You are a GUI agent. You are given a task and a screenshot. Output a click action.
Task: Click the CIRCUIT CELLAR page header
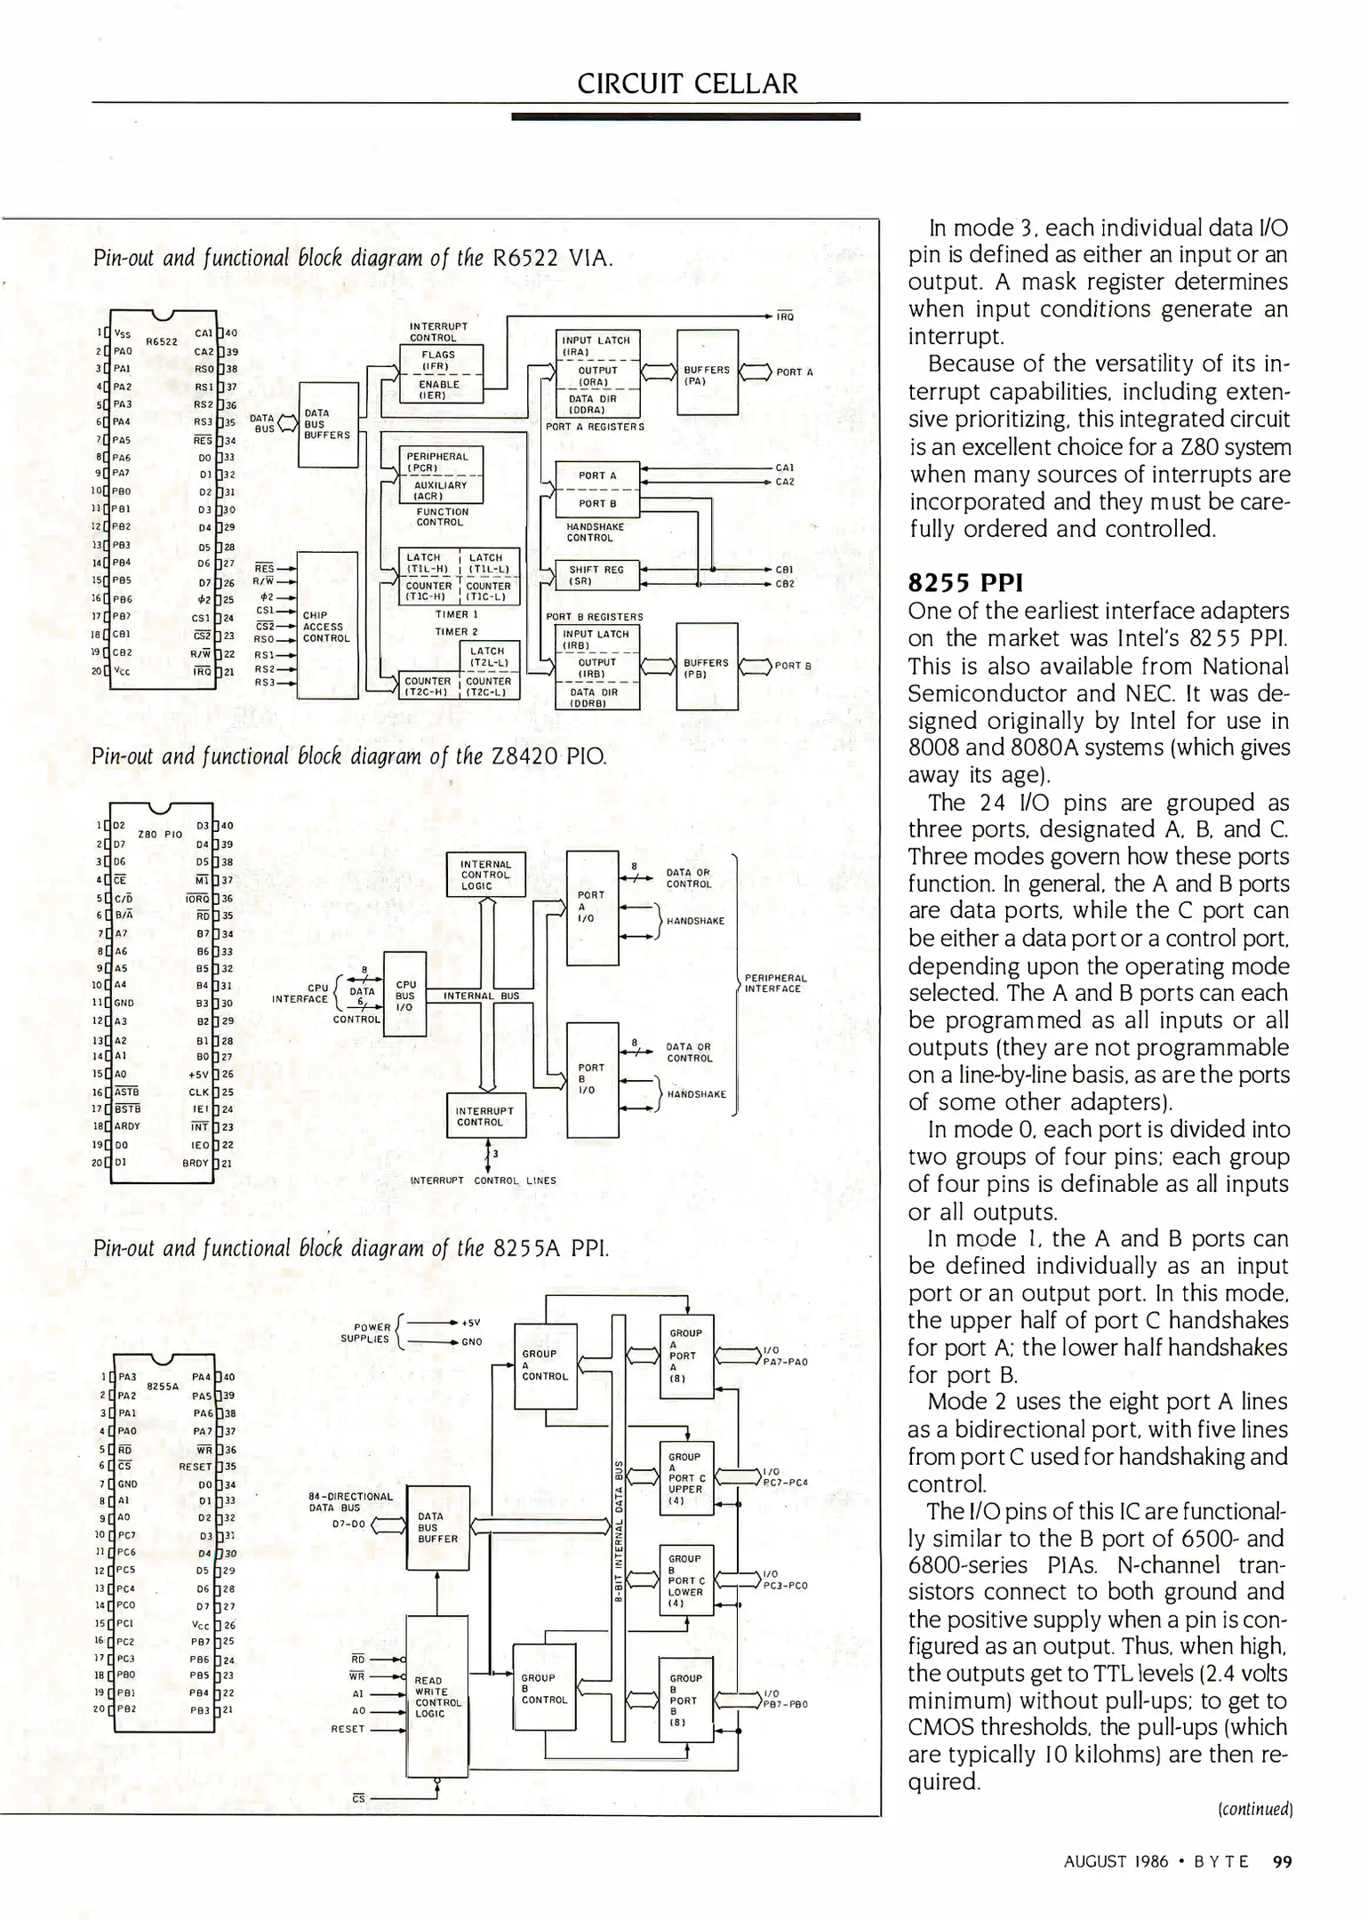pyautogui.click(x=687, y=84)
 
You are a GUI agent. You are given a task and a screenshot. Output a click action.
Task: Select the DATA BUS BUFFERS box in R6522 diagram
pyautogui.click(x=327, y=425)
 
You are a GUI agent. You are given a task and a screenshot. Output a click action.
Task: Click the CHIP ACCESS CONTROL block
pyautogui.click(x=326, y=627)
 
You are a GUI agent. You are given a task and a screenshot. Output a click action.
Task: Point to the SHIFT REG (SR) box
pyautogui.click(x=596, y=575)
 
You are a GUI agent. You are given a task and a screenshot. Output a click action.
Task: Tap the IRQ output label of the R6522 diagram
pyautogui.click(x=785, y=316)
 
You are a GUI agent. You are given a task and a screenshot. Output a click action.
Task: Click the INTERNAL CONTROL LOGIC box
pyautogui.click(x=485, y=875)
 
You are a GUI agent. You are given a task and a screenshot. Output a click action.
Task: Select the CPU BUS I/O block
pyautogui.click(x=404, y=996)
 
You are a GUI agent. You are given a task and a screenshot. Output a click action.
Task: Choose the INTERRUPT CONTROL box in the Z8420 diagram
pyautogui.click(x=485, y=1116)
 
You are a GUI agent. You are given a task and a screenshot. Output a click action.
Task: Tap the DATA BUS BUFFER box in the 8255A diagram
pyautogui.click(x=437, y=1527)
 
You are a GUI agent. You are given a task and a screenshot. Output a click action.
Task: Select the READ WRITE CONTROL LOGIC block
pyautogui.click(x=436, y=1696)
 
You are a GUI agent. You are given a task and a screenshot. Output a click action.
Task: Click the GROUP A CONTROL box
pyautogui.click(x=545, y=1364)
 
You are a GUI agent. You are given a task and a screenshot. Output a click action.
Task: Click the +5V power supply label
pyautogui.click(x=471, y=1322)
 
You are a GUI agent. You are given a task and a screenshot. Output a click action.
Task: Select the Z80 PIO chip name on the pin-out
pyautogui.click(x=160, y=834)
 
